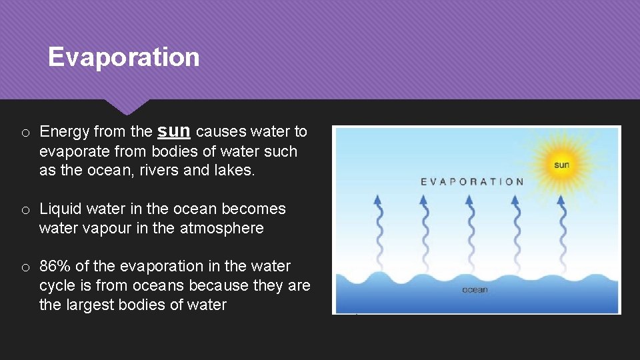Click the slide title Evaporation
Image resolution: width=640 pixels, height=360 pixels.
pyautogui.click(x=123, y=57)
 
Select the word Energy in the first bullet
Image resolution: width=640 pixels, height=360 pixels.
pyautogui.click(x=65, y=132)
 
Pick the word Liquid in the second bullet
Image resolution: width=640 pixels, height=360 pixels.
pyautogui.click(x=59, y=209)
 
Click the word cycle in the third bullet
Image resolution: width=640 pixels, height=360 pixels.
pyautogui.click(x=57, y=286)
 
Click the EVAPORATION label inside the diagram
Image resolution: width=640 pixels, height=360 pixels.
pyautogui.click(x=472, y=181)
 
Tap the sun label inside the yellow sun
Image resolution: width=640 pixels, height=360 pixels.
pyautogui.click(x=561, y=165)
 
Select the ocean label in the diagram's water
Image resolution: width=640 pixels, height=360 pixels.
pyautogui.click(x=475, y=290)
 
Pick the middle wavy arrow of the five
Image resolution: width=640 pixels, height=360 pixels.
pyautogui.click(x=470, y=227)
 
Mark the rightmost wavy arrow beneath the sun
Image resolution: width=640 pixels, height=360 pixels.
pyautogui.click(x=561, y=227)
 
